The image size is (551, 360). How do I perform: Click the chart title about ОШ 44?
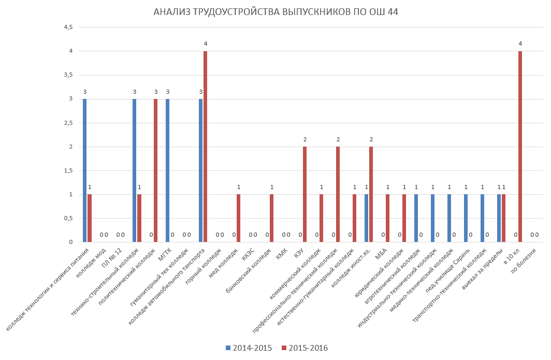coord(275,12)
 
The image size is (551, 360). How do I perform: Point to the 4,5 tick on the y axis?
coord(68,27)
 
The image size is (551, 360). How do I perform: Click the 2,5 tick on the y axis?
coord(68,123)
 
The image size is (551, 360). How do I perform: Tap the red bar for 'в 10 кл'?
coord(520,147)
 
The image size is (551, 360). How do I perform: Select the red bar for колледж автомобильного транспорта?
coord(205,147)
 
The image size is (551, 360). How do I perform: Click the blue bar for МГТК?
coord(167,170)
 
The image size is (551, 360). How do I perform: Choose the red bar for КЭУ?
coord(304,194)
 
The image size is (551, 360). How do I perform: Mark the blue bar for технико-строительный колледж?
coord(134,170)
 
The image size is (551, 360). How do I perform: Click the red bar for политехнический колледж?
coord(155,170)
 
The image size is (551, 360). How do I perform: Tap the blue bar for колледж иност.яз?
coord(366,218)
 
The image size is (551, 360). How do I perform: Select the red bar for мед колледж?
coord(238,218)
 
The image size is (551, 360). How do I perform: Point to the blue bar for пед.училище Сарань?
coord(466,218)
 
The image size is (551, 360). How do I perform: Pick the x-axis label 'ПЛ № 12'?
coord(112,257)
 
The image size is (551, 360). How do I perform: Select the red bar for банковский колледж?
coord(271,218)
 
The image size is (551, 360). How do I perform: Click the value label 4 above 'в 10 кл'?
coord(520,44)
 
